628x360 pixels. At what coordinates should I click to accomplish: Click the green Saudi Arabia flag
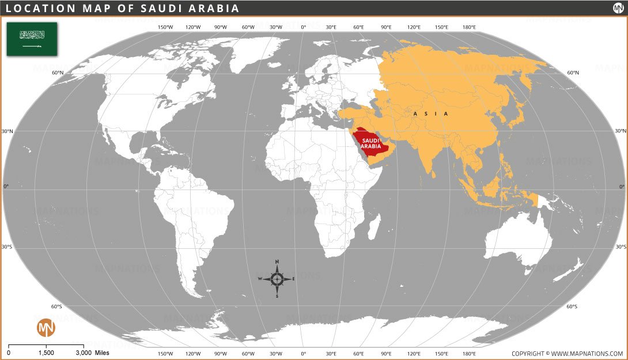pyautogui.click(x=32, y=39)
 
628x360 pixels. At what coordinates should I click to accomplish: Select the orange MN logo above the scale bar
pyautogui.click(x=46, y=328)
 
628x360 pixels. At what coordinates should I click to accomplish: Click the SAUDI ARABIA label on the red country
pyautogui.click(x=370, y=143)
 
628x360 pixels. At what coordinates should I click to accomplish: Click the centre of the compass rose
pyautogui.click(x=277, y=279)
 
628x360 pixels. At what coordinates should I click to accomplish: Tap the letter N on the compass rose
pyautogui.click(x=277, y=262)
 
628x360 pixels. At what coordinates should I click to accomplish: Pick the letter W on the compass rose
pyautogui.click(x=260, y=279)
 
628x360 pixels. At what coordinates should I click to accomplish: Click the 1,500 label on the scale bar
pyautogui.click(x=46, y=353)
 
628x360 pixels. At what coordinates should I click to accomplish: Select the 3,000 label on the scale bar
pyautogui.click(x=84, y=353)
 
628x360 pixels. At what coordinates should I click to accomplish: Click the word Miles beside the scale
pyautogui.click(x=102, y=353)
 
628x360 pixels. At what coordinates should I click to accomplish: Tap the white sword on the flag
pyautogui.click(x=32, y=46)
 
